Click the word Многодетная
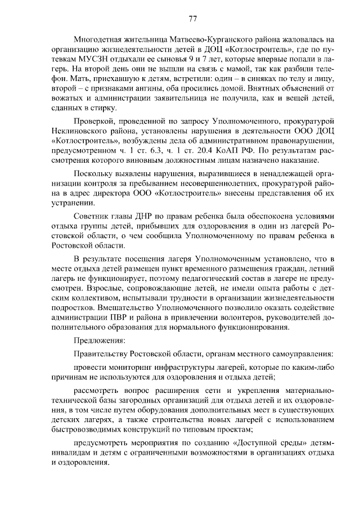100,39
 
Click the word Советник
92,217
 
